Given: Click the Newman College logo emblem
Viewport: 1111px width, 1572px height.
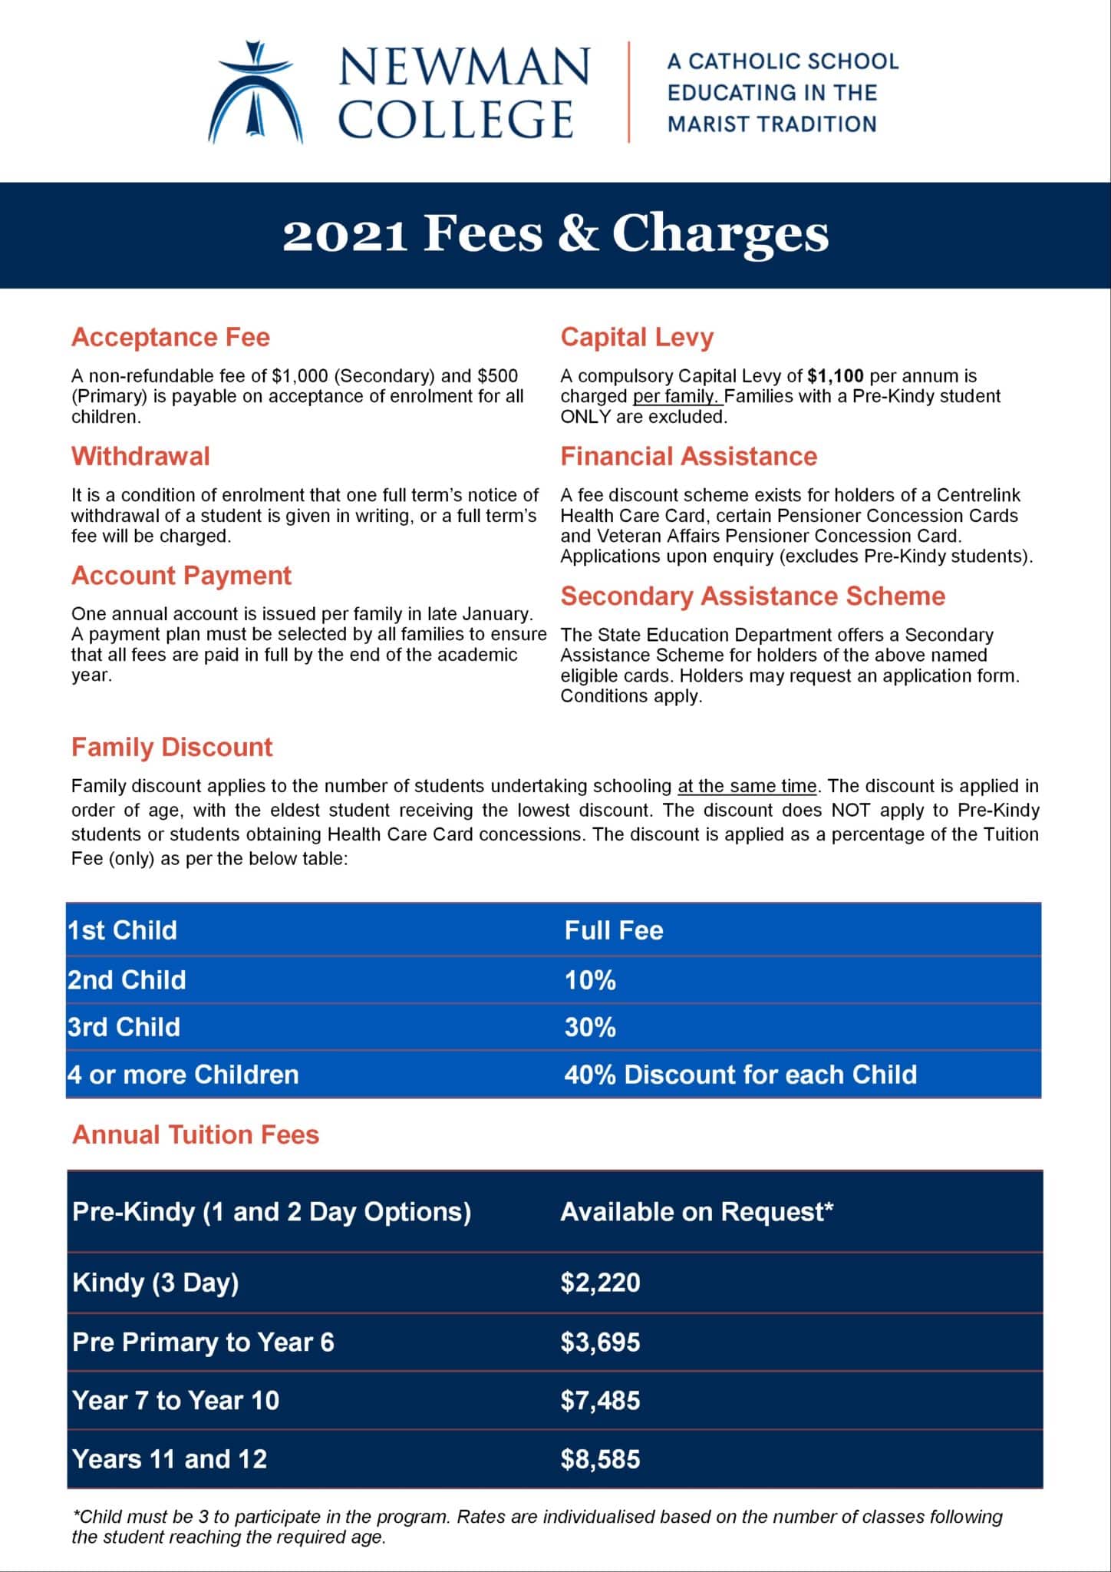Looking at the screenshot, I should click(255, 93).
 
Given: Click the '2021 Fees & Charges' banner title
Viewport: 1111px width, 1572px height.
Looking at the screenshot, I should click(555, 234).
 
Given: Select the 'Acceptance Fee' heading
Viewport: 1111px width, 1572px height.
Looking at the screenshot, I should click(170, 337).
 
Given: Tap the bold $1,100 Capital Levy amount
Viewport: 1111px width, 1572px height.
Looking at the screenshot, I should click(836, 376).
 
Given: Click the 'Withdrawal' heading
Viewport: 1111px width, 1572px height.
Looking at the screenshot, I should click(140, 456).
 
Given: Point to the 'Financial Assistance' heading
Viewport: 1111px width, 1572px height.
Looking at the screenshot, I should click(688, 456).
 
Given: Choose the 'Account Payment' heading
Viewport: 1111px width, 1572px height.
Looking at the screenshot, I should click(181, 576).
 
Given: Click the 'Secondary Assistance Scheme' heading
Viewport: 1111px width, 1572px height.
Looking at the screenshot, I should click(753, 596).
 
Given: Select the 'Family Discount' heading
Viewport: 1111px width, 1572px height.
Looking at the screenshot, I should click(172, 747).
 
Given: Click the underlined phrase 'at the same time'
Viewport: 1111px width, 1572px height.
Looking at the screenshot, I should click(747, 786).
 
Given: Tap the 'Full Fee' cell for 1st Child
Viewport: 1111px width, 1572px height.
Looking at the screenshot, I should click(614, 930).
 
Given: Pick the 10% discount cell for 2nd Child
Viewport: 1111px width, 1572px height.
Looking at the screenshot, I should click(590, 980).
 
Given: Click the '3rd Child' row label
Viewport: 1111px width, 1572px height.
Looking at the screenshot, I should click(124, 1027).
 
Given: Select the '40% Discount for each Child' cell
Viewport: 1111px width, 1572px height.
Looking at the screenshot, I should click(740, 1074).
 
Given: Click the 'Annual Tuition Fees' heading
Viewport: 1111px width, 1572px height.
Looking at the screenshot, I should click(196, 1134).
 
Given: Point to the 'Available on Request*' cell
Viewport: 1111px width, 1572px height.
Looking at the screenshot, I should click(697, 1212).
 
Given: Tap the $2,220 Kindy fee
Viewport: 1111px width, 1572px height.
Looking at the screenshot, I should click(600, 1283).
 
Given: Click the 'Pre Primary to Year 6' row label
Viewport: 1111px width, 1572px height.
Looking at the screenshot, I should click(203, 1342).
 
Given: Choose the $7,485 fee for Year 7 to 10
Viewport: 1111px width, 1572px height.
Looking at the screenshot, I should click(600, 1401).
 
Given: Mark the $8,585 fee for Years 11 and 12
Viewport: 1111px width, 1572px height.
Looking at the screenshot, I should click(600, 1459).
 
